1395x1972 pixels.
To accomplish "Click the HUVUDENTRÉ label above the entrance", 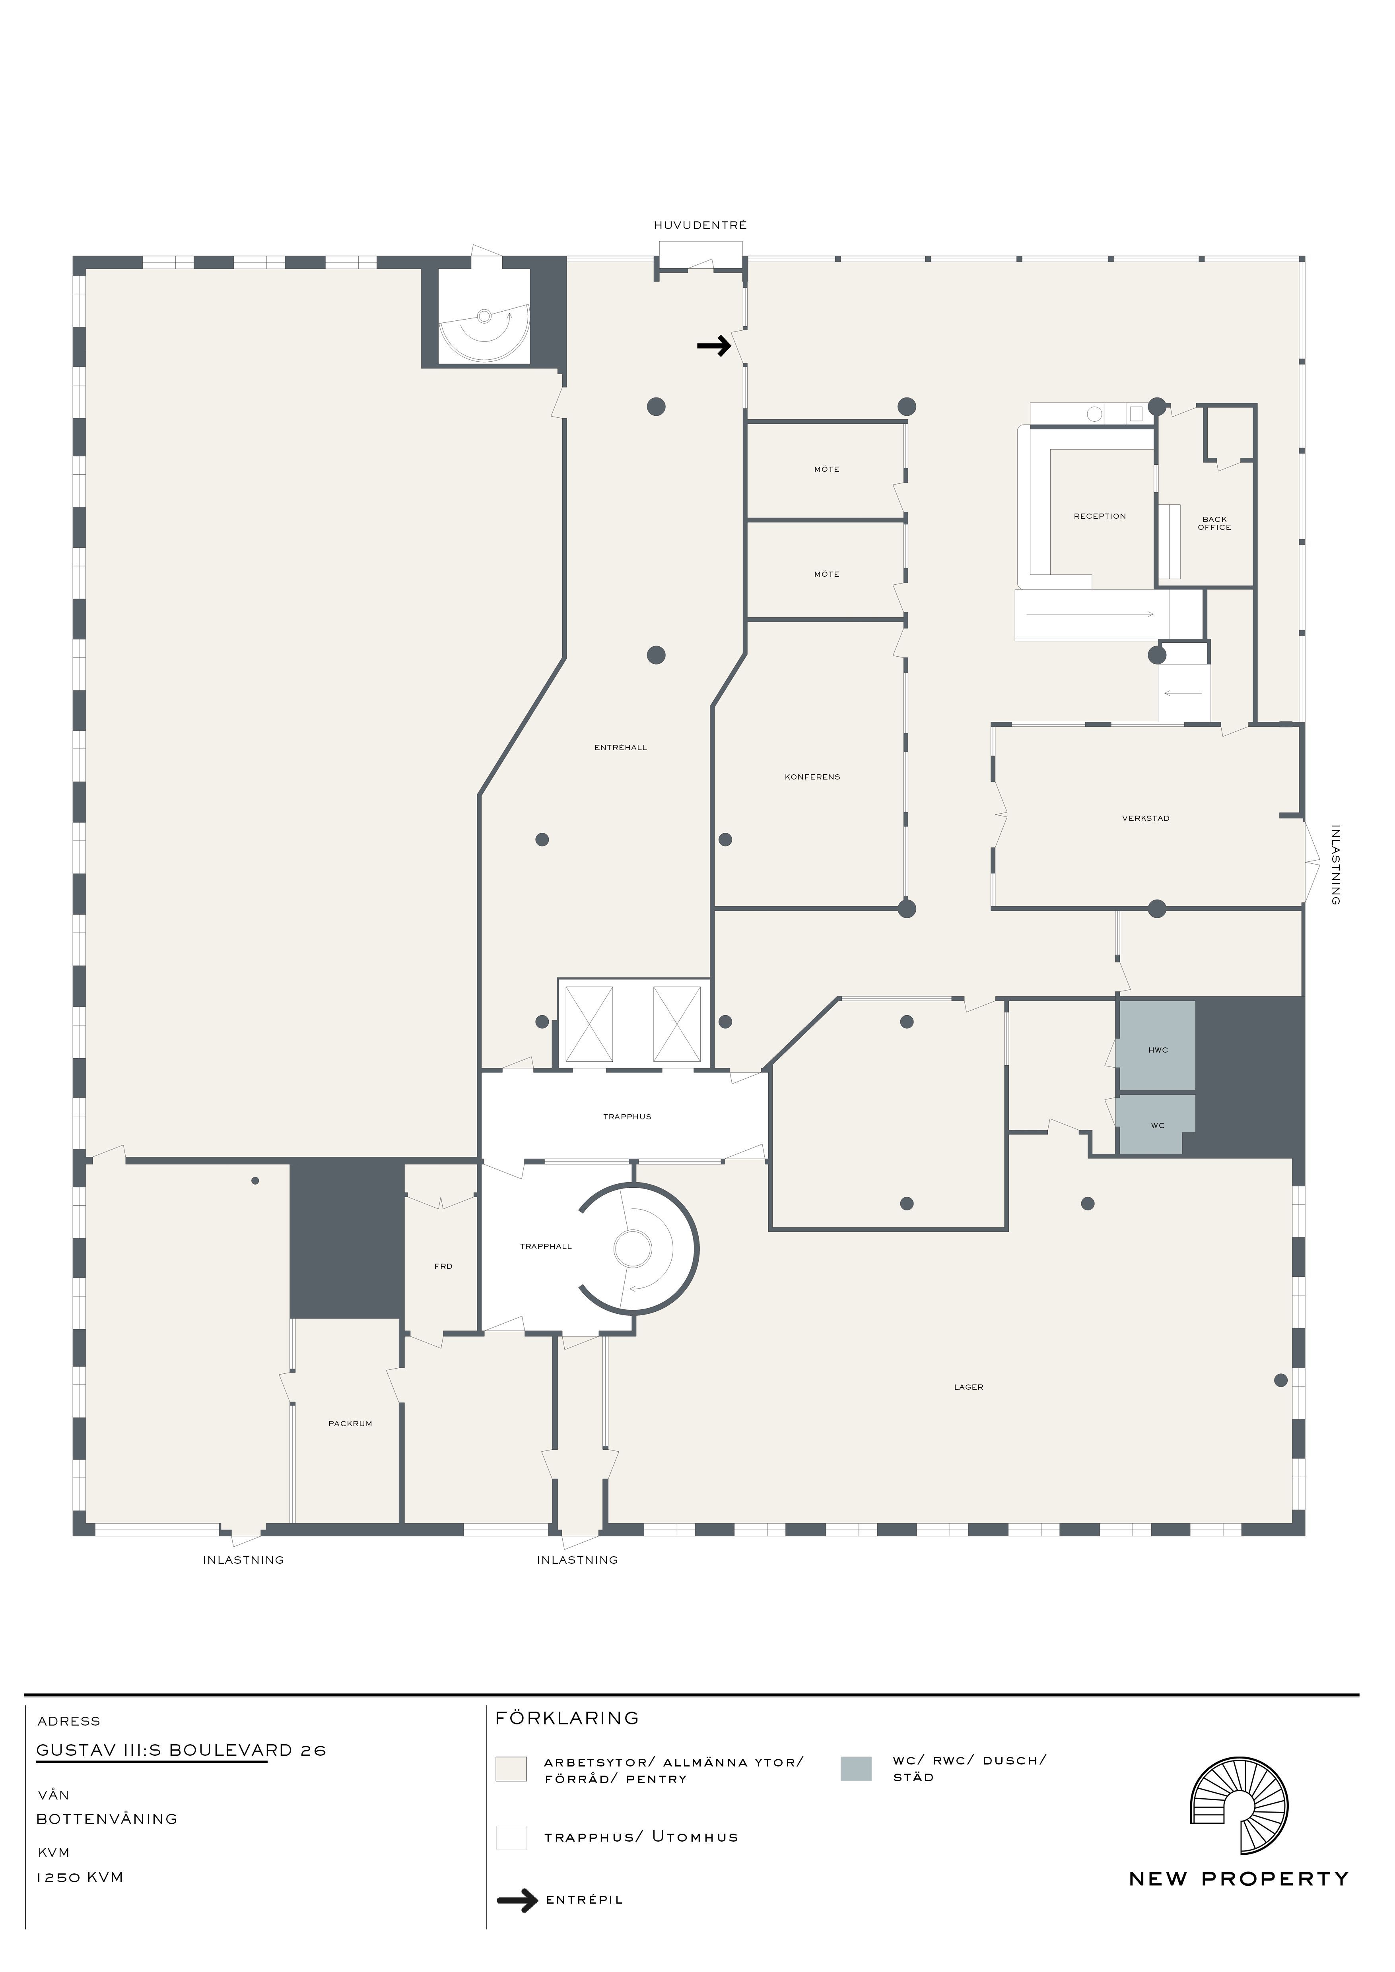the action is [700, 225].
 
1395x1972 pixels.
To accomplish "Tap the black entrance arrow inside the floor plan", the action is [714, 346].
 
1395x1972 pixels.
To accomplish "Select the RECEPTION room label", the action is [1100, 516].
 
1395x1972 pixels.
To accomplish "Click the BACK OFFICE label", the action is [1214, 523].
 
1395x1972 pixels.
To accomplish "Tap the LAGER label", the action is [968, 1386].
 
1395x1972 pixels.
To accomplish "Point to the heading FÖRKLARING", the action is [567, 1718].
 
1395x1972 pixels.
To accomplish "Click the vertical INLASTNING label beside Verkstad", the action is [1335, 865].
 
